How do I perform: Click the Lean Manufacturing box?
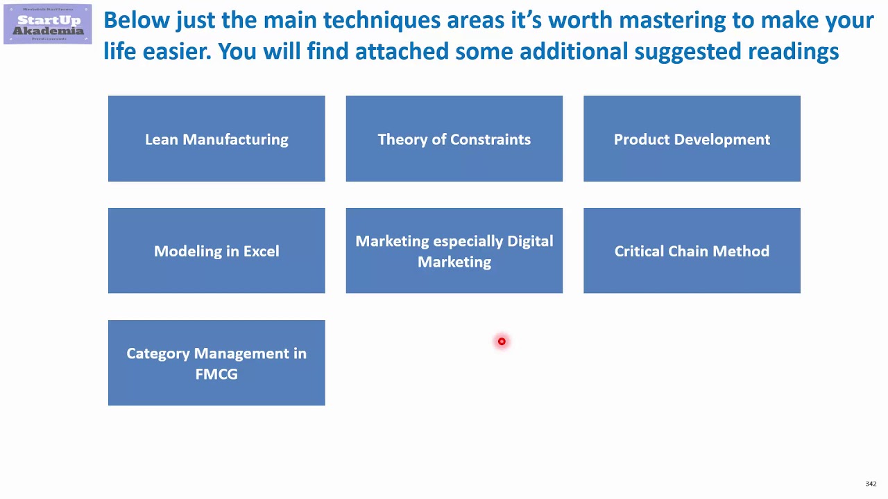pyautogui.click(x=216, y=139)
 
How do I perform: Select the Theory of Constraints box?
pyautogui.click(x=454, y=139)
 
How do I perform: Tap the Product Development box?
pyautogui.click(x=692, y=139)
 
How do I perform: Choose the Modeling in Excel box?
pyautogui.click(x=216, y=251)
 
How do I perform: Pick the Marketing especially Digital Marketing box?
pyautogui.click(x=454, y=251)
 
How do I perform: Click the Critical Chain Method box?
pyautogui.click(x=692, y=251)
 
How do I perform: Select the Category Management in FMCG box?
pyautogui.click(x=216, y=363)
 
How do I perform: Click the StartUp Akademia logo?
pyautogui.click(x=47, y=24)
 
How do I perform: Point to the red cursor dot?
pyautogui.click(x=502, y=341)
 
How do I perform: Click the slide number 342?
pyautogui.click(x=871, y=484)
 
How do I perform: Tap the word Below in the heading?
pyautogui.click(x=137, y=20)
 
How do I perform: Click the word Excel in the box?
pyautogui.click(x=261, y=251)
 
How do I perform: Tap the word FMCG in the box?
pyautogui.click(x=216, y=374)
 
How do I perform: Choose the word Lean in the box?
pyautogui.click(x=162, y=139)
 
